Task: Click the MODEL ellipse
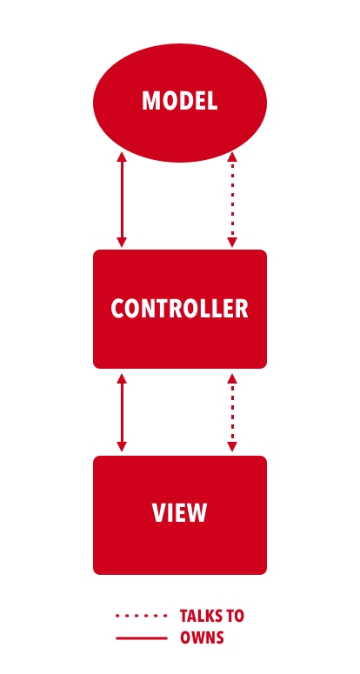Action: (x=180, y=103)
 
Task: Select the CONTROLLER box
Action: (x=180, y=309)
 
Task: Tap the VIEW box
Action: (x=180, y=515)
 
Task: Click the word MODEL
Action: (x=180, y=101)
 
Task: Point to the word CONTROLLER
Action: (x=180, y=308)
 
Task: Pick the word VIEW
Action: (x=180, y=512)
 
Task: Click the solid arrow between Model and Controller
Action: (x=122, y=199)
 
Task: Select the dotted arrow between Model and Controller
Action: (x=232, y=199)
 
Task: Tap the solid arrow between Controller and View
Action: (x=122, y=412)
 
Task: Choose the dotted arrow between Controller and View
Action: (x=232, y=412)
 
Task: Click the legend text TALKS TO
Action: (x=212, y=616)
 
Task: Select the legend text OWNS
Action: (x=202, y=637)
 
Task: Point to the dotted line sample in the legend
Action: (x=142, y=616)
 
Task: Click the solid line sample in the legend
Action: (x=142, y=638)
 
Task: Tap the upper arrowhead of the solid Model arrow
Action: (x=122, y=157)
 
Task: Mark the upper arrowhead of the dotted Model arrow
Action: (x=232, y=157)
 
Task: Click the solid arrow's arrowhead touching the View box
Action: (x=122, y=447)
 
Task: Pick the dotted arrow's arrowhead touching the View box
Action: (x=232, y=447)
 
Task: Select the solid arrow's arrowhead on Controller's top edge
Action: (x=122, y=243)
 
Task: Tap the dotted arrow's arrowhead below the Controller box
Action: (x=232, y=378)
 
